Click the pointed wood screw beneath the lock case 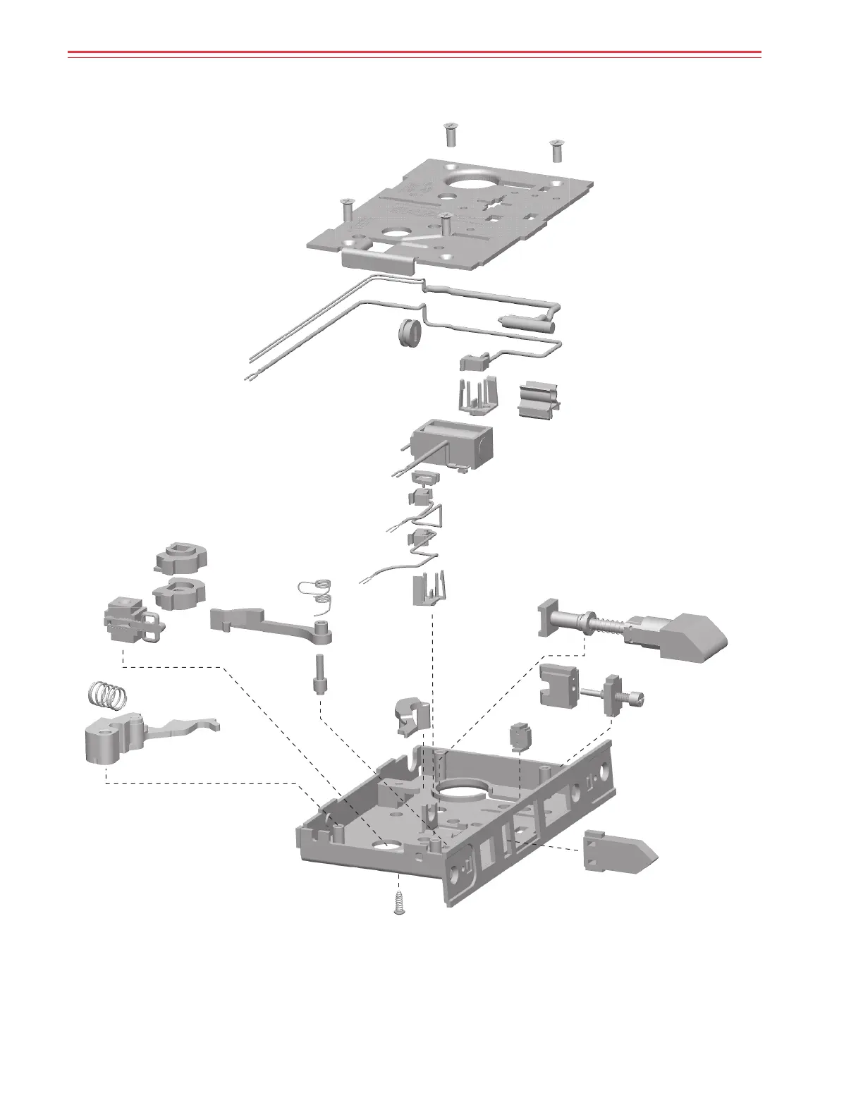[x=399, y=903]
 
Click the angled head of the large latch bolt [x=694, y=637]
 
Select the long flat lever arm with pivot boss [x=271, y=624]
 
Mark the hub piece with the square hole [x=180, y=557]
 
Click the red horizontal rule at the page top [x=414, y=52]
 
